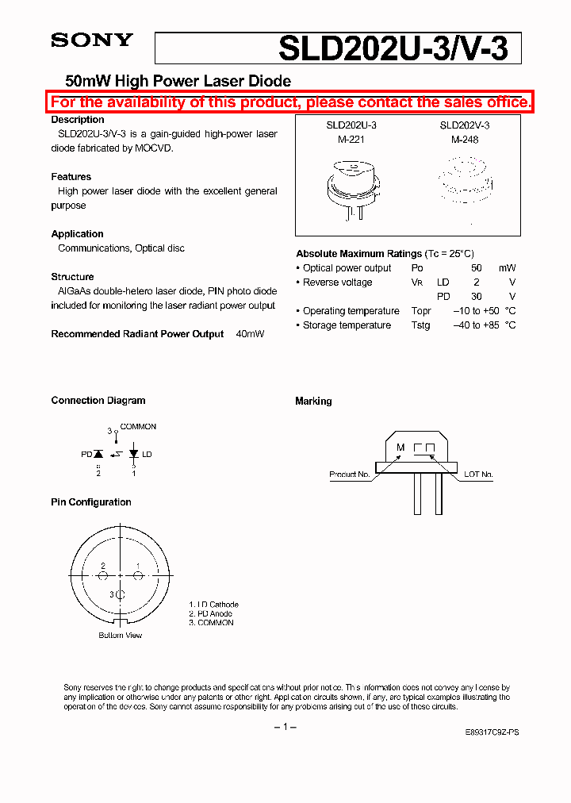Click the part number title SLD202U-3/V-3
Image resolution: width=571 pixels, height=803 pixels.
point(399,49)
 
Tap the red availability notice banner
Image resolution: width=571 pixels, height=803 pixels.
point(290,102)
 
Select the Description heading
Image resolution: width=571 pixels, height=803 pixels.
point(78,120)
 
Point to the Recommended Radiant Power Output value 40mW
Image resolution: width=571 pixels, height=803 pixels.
point(250,334)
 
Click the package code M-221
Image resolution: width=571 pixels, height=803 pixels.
point(346,139)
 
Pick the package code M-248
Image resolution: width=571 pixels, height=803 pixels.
point(465,139)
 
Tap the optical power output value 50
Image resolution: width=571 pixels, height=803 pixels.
point(476,268)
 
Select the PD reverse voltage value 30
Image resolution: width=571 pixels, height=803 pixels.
point(476,297)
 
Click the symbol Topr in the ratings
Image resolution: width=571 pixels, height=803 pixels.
point(421,311)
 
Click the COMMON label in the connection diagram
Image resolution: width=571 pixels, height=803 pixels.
point(138,427)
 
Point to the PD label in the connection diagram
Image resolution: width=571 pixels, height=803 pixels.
point(86,455)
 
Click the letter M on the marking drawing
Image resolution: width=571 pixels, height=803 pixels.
point(400,448)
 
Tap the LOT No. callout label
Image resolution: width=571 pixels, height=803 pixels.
point(478,474)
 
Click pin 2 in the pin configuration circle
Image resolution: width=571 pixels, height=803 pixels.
point(103,567)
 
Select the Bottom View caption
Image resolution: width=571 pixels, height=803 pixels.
point(120,636)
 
